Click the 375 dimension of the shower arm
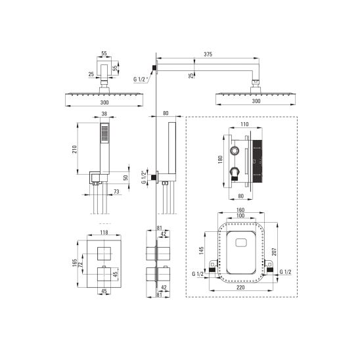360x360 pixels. (x=208, y=55)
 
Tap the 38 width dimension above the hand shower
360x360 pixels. (x=104, y=114)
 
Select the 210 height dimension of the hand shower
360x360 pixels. (x=74, y=149)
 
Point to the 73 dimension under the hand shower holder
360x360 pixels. (x=117, y=191)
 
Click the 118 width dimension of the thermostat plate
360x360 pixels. (x=104, y=233)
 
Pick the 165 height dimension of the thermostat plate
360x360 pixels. (x=74, y=263)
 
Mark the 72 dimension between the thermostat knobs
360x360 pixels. (x=80, y=265)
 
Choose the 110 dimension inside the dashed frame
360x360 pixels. (x=244, y=124)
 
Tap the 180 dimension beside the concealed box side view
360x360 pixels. (x=221, y=160)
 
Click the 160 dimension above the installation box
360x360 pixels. (x=240, y=210)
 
